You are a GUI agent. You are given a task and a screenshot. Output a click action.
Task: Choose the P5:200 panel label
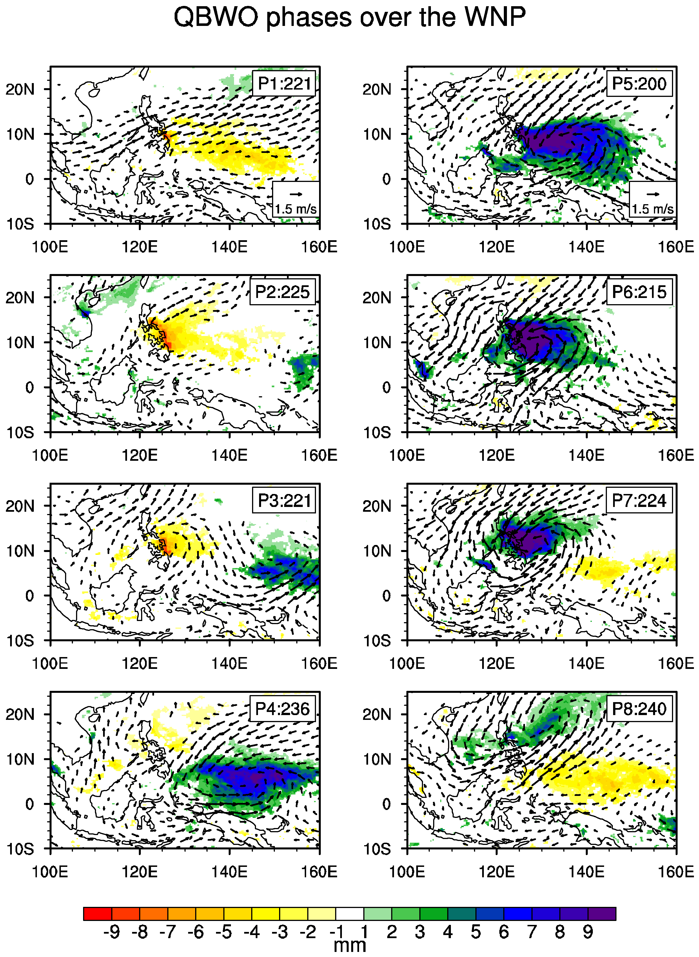(x=639, y=84)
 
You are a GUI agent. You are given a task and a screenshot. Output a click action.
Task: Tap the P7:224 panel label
(x=639, y=500)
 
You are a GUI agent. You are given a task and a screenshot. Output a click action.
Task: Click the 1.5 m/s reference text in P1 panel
(x=296, y=209)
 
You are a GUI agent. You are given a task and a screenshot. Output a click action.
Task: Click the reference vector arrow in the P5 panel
(x=653, y=195)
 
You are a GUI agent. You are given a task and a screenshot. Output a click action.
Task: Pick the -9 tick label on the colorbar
(x=111, y=932)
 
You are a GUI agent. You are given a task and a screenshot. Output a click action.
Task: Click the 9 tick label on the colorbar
(x=588, y=932)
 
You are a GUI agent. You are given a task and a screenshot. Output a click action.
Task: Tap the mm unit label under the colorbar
(x=349, y=945)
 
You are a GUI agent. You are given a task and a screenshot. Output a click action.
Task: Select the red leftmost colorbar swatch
(x=97, y=914)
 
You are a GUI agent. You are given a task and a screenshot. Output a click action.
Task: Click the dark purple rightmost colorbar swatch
(x=602, y=914)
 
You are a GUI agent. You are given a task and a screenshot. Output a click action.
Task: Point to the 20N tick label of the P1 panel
(x=20, y=90)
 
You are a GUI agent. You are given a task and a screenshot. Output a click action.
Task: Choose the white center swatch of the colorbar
(x=349, y=914)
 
